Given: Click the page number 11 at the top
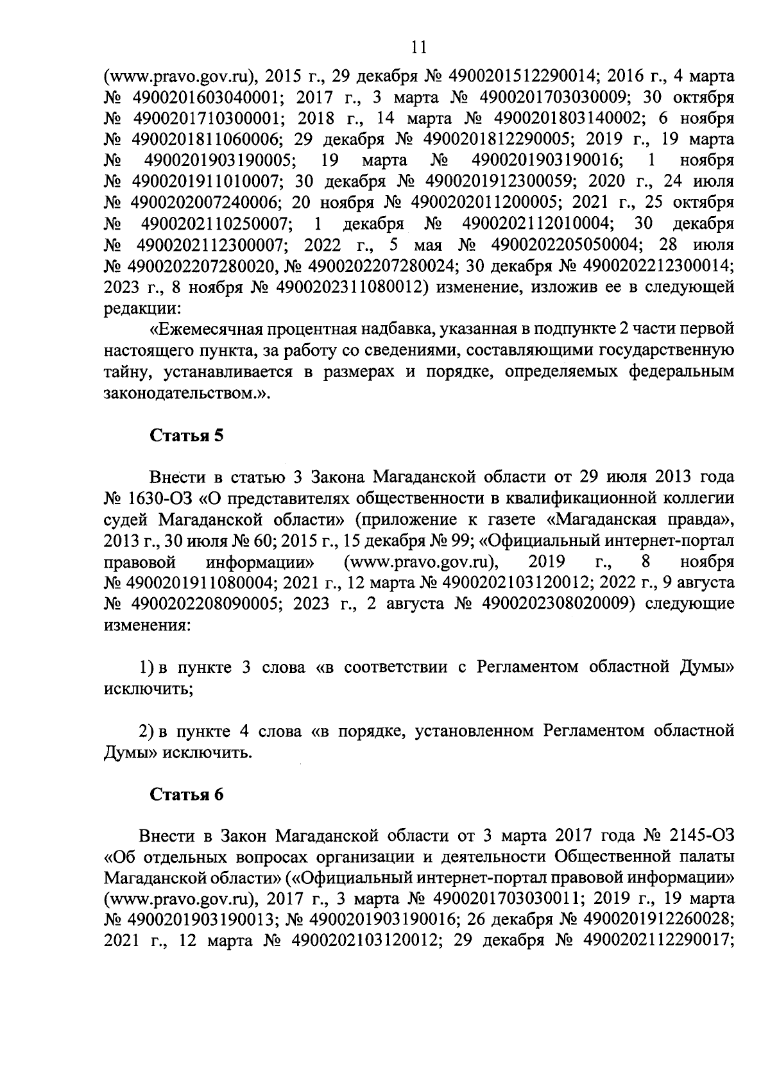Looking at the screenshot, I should pos(418,46).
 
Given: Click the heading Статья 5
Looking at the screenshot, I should pos(187,436).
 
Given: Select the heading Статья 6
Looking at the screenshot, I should pos(187,794).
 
